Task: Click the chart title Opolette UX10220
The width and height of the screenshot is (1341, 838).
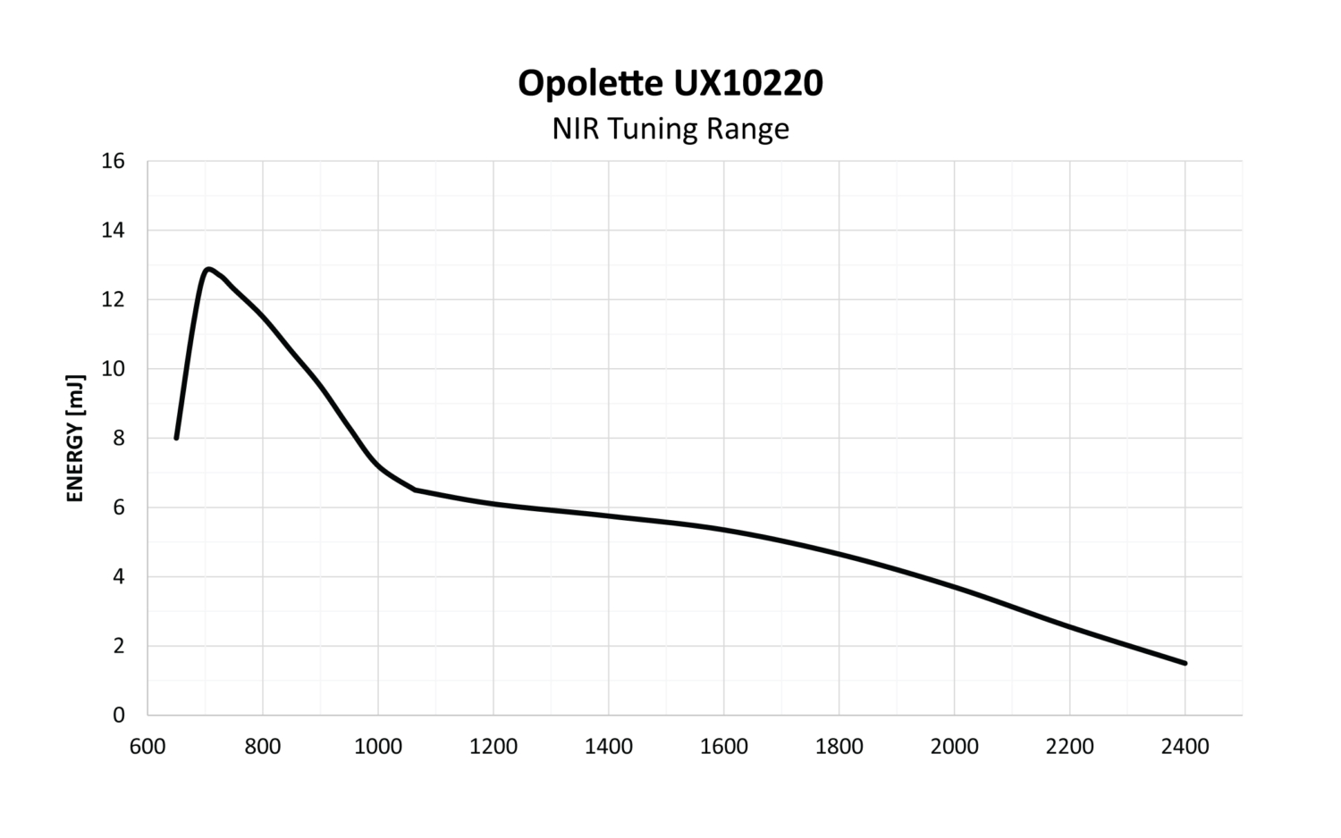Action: [x=670, y=83]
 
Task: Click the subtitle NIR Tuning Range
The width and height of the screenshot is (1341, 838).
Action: [x=670, y=129]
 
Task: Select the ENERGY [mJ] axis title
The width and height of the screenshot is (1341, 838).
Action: [x=76, y=439]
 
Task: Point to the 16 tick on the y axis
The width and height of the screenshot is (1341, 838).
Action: [x=114, y=162]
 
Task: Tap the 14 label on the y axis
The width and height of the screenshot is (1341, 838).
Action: [x=114, y=230]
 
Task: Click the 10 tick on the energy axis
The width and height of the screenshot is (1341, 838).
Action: [x=114, y=369]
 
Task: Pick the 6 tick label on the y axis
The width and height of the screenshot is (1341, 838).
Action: [x=118, y=507]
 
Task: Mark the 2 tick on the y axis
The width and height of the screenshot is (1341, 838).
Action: [x=118, y=646]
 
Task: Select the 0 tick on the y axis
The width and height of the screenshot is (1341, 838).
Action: [x=118, y=715]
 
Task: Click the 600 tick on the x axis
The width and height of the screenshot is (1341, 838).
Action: [x=148, y=746]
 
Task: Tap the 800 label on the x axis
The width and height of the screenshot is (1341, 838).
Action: [x=263, y=746]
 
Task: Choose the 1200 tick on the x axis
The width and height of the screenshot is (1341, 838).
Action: [x=493, y=746]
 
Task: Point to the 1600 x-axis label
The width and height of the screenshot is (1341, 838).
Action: [x=724, y=746]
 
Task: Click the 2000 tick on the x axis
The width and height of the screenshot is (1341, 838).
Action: [x=955, y=746]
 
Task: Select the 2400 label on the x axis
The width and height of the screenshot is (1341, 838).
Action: [x=1185, y=746]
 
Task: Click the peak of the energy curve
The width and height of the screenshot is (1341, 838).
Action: [x=207, y=269]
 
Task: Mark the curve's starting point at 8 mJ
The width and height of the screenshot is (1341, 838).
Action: [x=176, y=438]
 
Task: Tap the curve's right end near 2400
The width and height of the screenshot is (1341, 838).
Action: [x=1185, y=663]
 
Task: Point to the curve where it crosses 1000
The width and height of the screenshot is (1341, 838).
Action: [x=378, y=465]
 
